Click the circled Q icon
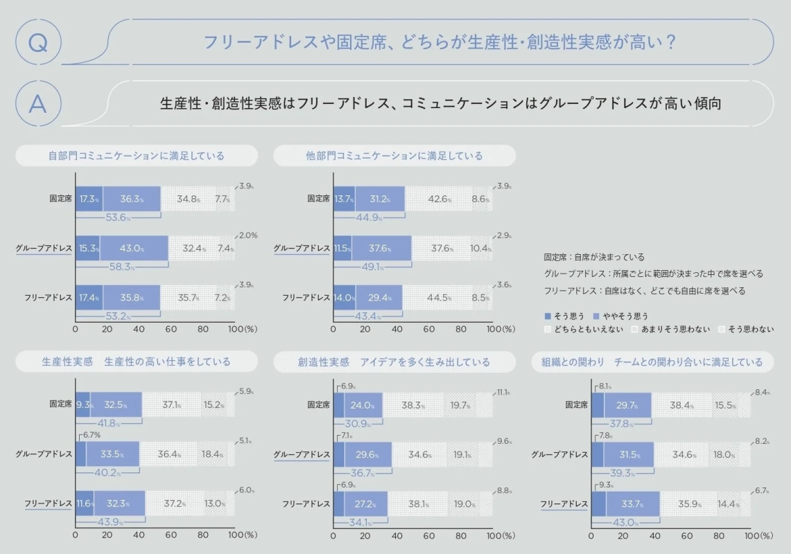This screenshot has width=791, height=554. (x=38, y=42)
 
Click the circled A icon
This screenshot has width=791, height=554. (x=38, y=103)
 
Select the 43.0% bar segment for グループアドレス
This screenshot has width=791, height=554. (x=133, y=248)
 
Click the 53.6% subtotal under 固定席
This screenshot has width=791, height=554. (x=119, y=217)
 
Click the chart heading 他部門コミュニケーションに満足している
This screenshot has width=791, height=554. (x=394, y=156)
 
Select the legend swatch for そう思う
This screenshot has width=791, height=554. (x=548, y=316)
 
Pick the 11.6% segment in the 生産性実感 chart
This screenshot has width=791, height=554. (x=84, y=503)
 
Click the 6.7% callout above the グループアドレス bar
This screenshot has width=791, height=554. (x=91, y=435)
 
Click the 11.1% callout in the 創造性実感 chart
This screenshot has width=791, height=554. (x=503, y=392)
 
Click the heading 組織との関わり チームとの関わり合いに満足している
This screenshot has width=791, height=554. (x=652, y=361)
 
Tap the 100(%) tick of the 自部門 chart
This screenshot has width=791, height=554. (x=241, y=330)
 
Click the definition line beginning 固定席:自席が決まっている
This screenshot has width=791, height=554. (x=595, y=257)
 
